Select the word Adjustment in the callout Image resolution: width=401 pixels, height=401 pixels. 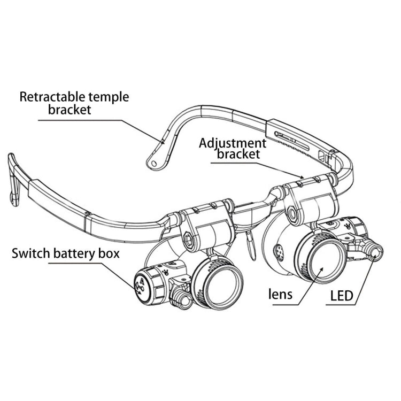[233, 143]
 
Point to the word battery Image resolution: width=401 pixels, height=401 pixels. [77, 252]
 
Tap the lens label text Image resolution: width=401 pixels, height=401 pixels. [282, 295]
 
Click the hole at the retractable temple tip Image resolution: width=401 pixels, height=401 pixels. [154, 161]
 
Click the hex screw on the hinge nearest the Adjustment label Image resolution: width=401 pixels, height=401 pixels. [294, 214]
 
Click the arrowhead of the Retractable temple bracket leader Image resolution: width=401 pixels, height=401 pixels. [162, 142]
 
